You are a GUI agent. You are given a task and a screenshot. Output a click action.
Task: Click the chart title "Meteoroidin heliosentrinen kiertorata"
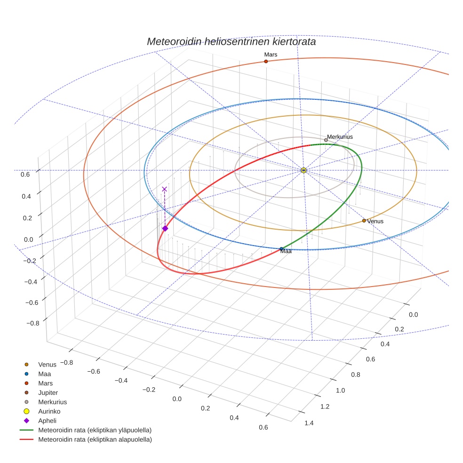[x=231, y=41]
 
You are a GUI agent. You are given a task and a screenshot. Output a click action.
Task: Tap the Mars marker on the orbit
[x=266, y=61]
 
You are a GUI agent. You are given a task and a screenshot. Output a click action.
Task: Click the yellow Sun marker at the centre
[x=303, y=170]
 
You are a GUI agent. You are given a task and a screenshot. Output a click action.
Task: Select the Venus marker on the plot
[x=364, y=220]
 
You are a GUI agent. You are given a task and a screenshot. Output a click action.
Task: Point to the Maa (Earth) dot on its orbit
[x=281, y=249]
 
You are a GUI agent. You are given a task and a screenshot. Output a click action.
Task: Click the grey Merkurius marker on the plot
[x=326, y=140]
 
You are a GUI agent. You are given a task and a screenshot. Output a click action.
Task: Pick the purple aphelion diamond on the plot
[x=165, y=228]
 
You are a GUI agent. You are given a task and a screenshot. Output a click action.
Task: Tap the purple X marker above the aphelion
[x=164, y=189]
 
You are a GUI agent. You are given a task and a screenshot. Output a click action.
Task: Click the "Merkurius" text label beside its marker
[x=340, y=137]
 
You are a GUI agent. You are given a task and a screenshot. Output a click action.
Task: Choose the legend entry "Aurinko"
[x=49, y=411]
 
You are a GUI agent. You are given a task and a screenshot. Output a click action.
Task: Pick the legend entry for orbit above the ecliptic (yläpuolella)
[x=95, y=430]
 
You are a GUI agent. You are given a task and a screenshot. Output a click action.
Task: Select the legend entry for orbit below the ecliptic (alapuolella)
[x=95, y=439]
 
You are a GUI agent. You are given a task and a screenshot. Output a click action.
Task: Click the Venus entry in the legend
[x=47, y=364]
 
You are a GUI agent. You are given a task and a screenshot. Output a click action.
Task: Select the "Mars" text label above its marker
[x=271, y=55]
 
